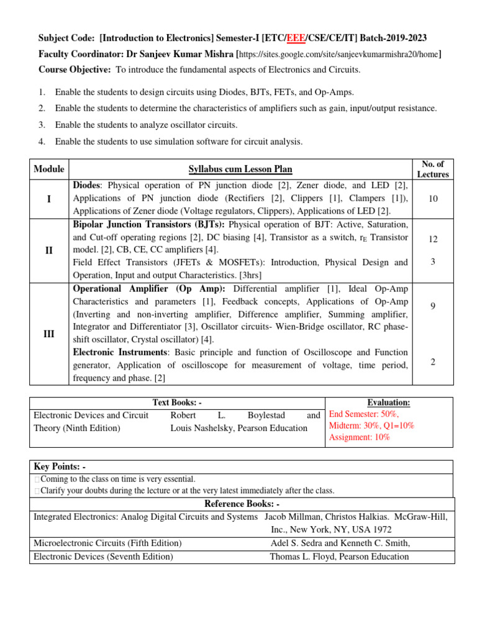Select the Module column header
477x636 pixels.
(49, 169)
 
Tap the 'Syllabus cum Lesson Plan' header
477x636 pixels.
(240, 169)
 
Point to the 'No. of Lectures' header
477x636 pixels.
(432, 169)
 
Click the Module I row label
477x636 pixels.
(49, 198)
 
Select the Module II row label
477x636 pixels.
(49, 249)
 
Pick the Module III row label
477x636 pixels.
(49, 334)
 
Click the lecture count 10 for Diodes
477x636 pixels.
(432, 198)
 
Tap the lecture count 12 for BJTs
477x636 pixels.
(432, 238)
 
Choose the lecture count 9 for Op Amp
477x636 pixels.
(432, 306)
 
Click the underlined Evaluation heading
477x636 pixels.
(389, 403)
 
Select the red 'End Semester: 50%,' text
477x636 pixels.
(364, 414)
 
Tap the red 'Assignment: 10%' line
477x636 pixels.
(360, 437)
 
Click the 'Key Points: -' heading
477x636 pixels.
(60, 467)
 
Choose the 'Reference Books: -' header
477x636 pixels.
(242, 503)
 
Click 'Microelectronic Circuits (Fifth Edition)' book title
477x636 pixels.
(107, 543)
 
